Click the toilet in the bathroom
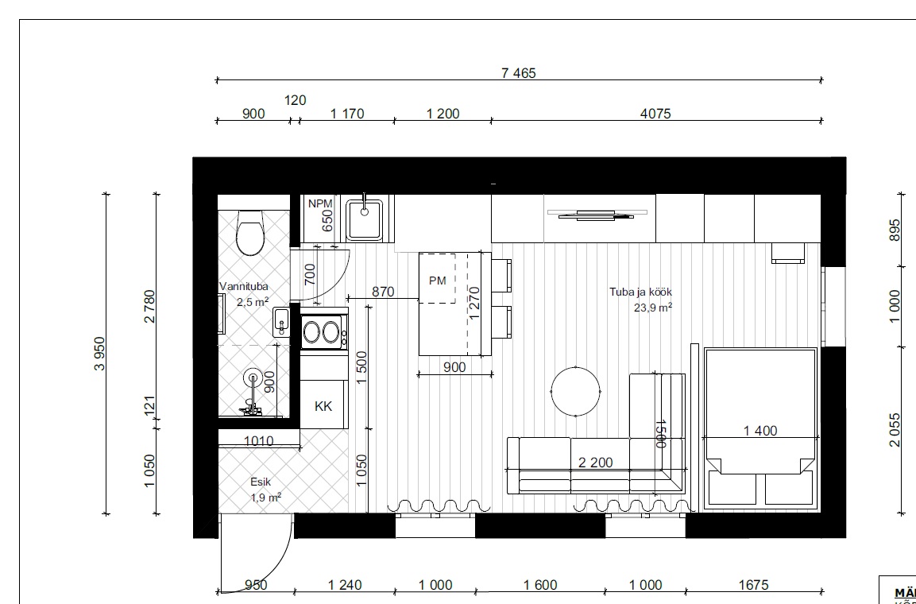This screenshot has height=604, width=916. [x=250, y=233]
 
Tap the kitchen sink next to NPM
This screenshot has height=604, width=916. [x=364, y=219]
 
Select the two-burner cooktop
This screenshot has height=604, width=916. [x=324, y=331]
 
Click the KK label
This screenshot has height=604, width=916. [x=323, y=407]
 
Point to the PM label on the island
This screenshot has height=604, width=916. [x=437, y=281]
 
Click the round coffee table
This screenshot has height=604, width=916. [x=575, y=391]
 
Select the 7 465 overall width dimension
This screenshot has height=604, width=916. [x=518, y=73]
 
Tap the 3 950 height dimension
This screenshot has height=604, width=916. [x=100, y=354]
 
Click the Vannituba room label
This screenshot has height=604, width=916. [x=244, y=286]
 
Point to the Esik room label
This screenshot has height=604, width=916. [x=261, y=482]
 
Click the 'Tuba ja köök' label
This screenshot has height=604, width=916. [x=641, y=292]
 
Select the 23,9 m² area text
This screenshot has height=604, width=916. [x=652, y=308]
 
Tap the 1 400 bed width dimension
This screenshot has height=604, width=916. [x=760, y=431]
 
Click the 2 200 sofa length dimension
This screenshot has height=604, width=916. [x=595, y=463]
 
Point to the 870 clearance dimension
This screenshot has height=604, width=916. [x=383, y=292]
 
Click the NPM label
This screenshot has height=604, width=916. [x=320, y=204]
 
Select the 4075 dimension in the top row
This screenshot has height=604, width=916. [x=655, y=114]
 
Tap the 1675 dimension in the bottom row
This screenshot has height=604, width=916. [x=754, y=585]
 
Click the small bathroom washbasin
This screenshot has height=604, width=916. [x=281, y=321]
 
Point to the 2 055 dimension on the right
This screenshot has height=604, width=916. [x=895, y=430]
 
